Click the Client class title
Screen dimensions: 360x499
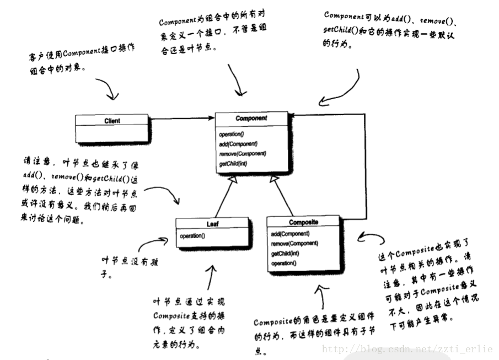pos(112,120)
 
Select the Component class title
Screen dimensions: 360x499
pos(251,119)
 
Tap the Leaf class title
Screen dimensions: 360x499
pos(213,224)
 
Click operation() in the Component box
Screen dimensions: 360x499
pos(231,135)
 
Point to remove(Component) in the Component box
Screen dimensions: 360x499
pos(242,153)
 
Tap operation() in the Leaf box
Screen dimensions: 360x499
pos(192,236)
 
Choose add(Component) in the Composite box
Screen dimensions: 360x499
pos(290,234)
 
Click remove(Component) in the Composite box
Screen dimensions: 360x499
pos(294,243)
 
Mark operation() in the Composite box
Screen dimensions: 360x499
pos(283,263)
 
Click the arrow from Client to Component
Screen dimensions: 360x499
pos(181,118)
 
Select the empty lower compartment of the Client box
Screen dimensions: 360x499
pos(112,132)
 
